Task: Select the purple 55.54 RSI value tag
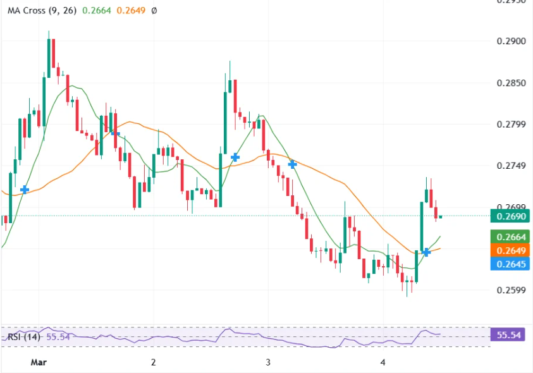click(x=508, y=335)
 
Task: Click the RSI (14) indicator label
click(x=23, y=337)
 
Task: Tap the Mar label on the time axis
click(x=39, y=362)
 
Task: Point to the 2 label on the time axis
click(x=154, y=362)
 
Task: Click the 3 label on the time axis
click(x=268, y=362)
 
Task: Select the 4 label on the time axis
click(x=383, y=362)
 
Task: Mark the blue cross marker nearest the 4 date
click(x=427, y=252)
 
